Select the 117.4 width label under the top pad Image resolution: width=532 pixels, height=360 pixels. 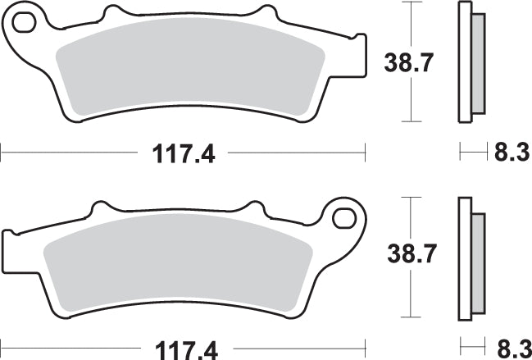181,153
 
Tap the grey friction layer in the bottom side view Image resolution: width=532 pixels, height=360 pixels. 478,261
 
